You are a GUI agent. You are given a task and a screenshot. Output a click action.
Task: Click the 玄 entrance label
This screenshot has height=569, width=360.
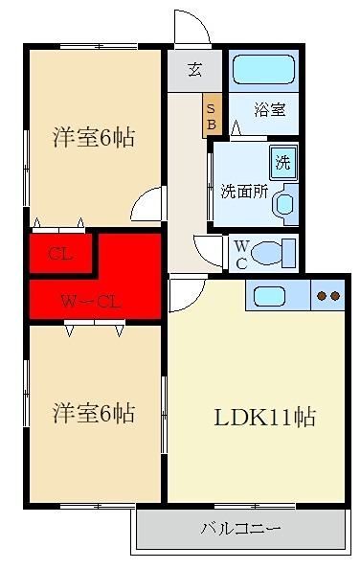pos(194,69)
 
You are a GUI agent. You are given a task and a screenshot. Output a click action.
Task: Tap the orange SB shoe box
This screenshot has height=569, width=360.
pos(212,113)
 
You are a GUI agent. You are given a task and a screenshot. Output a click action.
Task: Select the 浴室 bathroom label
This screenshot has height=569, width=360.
pos(269,109)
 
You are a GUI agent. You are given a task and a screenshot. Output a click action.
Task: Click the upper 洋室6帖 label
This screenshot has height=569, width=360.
pos(92,138)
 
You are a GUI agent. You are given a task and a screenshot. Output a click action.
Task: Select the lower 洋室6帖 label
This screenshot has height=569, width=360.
pos(92,414)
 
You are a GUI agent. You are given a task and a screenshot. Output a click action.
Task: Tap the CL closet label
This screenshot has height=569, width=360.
pos(59,254)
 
